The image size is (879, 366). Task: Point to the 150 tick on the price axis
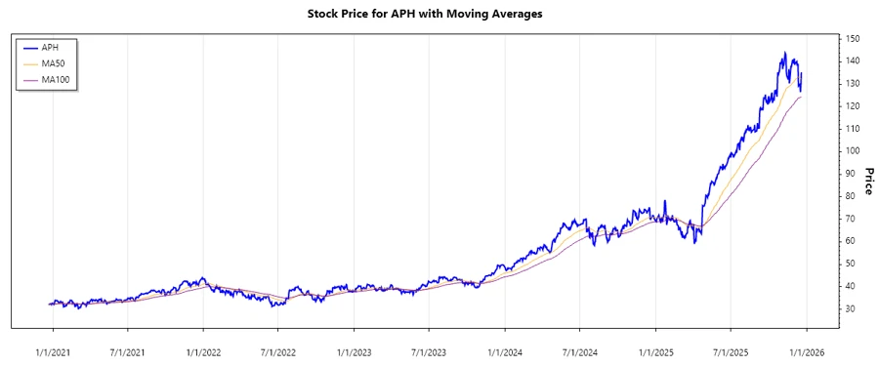(853, 39)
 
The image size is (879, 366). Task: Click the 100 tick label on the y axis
(853, 151)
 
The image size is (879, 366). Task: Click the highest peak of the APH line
(784, 53)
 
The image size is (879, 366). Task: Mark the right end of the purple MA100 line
(802, 97)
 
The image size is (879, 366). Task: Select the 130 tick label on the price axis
(853, 84)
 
